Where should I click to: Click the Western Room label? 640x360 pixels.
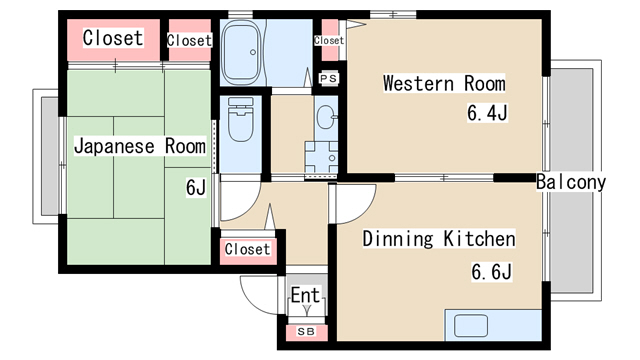click(x=444, y=83)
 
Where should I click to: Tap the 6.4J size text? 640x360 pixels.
click(x=487, y=113)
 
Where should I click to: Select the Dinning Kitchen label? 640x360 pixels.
click(x=439, y=239)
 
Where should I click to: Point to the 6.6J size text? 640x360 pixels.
click(x=491, y=271)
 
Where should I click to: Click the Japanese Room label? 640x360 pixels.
click(x=140, y=146)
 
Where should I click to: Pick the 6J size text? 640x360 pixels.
click(x=196, y=187)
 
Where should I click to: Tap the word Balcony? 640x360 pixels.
click(x=571, y=182)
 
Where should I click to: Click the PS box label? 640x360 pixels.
click(x=329, y=78)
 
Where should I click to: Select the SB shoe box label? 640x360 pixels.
click(x=306, y=331)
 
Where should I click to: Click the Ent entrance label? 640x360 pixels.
click(x=305, y=295)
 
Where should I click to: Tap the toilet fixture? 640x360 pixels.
click(x=241, y=119)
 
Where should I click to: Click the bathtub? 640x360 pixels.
click(x=242, y=52)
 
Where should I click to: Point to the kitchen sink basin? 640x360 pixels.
click(x=471, y=326)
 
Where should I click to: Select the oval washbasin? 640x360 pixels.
click(x=326, y=117)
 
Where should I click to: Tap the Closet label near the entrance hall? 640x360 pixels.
click(x=247, y=249)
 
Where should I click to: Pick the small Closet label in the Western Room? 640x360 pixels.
click(x=329, y=40)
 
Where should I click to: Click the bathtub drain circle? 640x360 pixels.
click(x=253, y=52)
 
